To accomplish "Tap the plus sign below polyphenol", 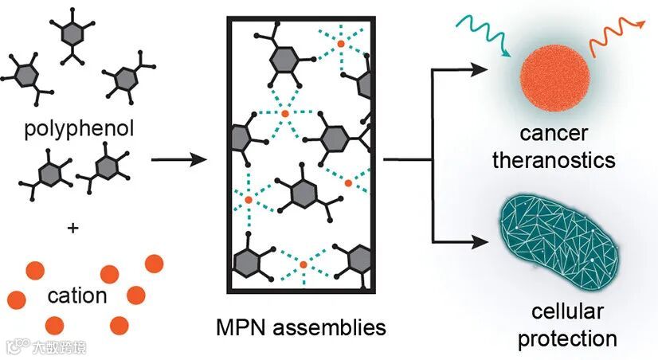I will click(73, 228).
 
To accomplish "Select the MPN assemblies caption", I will click(301, 327).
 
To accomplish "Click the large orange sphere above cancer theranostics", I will click(554, 80).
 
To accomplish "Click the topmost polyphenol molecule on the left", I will click(72, 33).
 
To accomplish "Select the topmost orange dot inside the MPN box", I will click(340, 44).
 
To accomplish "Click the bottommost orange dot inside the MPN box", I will click(303, 264).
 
